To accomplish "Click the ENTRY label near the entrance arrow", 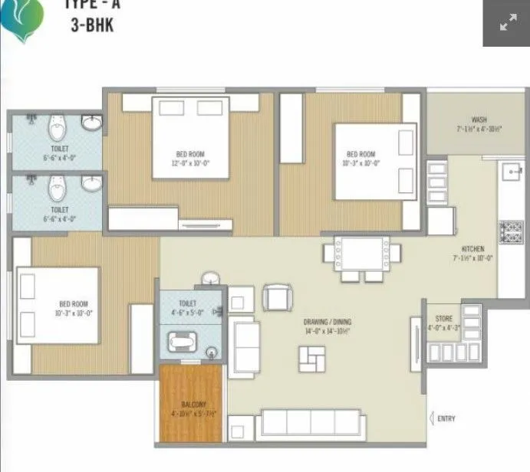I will [446, 418].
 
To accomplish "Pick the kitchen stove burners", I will [510, 230].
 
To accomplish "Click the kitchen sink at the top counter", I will [511, 172].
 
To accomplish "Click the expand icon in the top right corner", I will [506, 24].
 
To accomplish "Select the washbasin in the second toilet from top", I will [91, 183].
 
